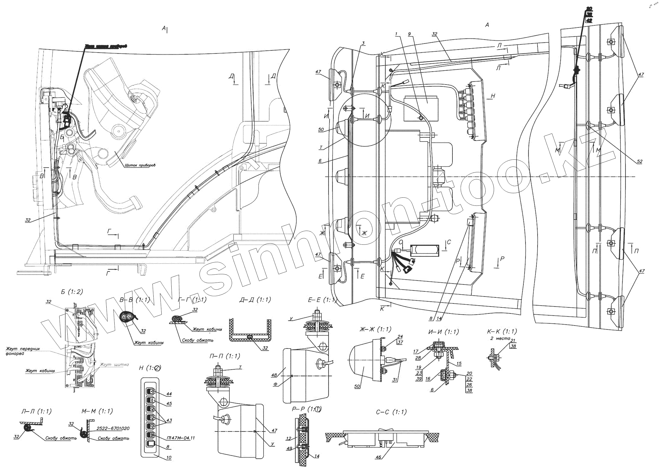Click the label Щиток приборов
(140, 165)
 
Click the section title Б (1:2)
(72, 292)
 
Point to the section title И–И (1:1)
(443, 332)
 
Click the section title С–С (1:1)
(391, 412)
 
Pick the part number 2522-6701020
(112, 428)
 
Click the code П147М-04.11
(181, 437)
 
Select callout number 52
(640, 161)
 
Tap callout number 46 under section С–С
(378, 457)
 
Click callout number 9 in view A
(409, 34)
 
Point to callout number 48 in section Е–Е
(274, 375)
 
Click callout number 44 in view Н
(169, 394)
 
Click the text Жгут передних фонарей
(23, 351)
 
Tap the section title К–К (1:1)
(502, 331)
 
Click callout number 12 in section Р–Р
(288, 438)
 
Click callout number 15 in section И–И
(458, 364)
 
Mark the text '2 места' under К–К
(500, 338)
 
